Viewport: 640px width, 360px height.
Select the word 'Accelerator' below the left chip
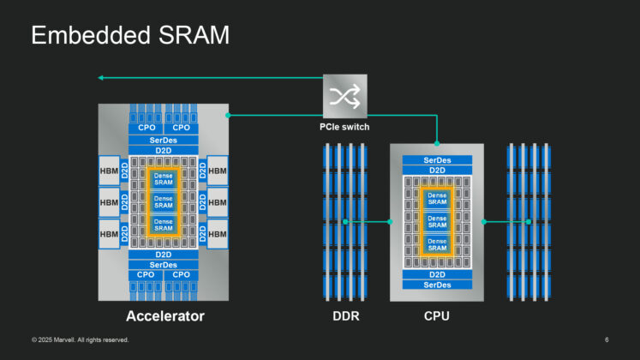[165, 317]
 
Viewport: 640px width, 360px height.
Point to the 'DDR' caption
[345, 317]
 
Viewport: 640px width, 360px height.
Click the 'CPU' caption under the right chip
[437, 317]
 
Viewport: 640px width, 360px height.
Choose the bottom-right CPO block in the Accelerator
[182, 275]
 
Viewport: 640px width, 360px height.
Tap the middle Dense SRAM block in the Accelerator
[163, 202]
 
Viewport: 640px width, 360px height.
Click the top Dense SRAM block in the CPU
[437, 199]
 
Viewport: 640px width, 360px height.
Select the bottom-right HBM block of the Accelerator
[218, 233]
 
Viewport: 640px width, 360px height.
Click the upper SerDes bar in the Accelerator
[163, 139]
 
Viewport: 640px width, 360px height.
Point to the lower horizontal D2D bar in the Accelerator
[163, 255]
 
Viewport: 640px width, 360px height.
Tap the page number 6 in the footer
[607, 340]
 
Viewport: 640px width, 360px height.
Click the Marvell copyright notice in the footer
[81, 340]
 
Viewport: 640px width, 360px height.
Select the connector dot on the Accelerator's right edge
[227, 115]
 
